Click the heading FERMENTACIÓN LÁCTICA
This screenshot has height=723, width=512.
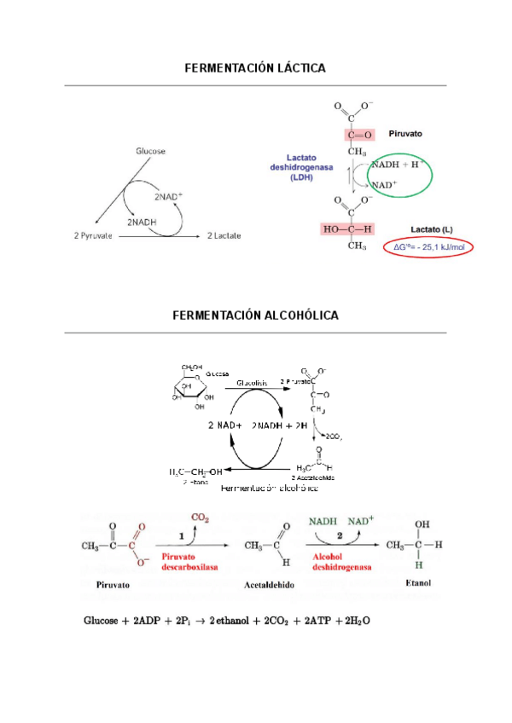coord(255,67)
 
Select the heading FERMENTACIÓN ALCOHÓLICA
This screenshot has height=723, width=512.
coord(255,315)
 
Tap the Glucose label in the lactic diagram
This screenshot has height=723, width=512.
coord(150,151)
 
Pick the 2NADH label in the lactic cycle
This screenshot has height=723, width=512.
coord(142,221)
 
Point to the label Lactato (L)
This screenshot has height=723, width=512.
coord(431,229)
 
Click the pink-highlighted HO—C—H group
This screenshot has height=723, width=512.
coord(347,228)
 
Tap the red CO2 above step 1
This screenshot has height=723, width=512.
coord(201,518)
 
